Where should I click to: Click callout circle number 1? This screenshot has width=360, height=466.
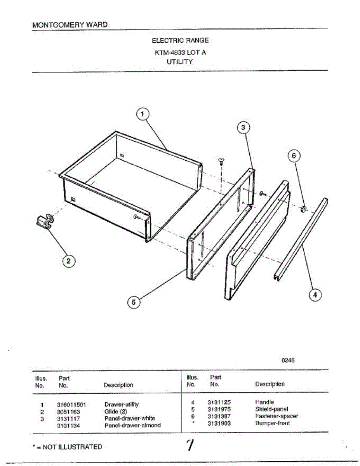tap(143, 114)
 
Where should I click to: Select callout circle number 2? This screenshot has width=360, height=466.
tap(69, 261)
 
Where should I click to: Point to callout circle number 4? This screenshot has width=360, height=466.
tap(315, 296)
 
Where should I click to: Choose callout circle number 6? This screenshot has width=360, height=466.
tap(294, 156)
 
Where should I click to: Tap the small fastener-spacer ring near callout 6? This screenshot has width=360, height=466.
tap(304, 209)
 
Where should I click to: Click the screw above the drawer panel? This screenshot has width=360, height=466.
tap(222, 161)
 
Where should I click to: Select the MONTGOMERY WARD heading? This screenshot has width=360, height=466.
tap(70, 25)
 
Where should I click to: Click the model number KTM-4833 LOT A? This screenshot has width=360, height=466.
tap(180, 52)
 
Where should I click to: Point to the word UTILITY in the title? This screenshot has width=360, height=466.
tap(180, 62)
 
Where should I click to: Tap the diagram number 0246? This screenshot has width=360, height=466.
tap(288, 360)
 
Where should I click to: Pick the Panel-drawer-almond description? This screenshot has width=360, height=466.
tap(132, 425)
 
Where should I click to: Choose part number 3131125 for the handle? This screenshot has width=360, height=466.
tap(219, 402)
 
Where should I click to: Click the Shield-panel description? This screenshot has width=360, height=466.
tap(271, 409)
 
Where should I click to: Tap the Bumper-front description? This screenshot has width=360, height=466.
tap(272, 423)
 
